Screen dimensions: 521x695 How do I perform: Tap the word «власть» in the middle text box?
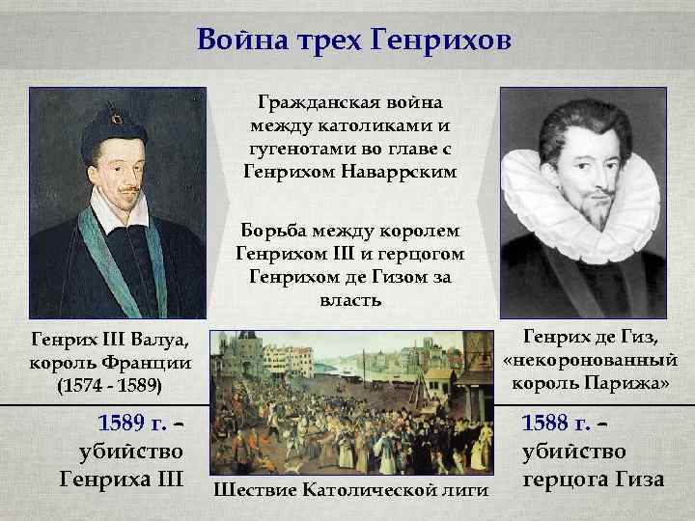tap(349, 301)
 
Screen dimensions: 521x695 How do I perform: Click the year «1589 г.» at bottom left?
tap(132, 424)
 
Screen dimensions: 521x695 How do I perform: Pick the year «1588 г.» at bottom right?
tap(556, 424)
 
